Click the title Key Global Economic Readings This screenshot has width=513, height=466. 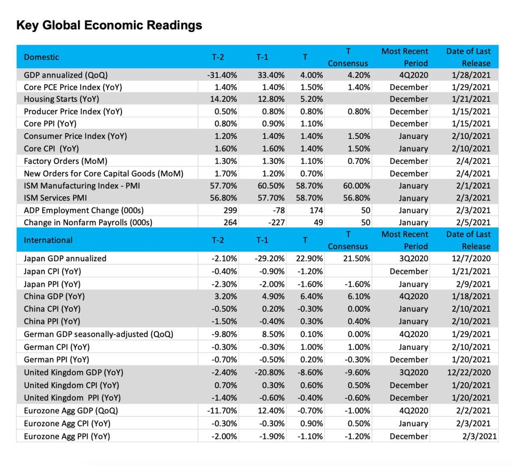point(109,25)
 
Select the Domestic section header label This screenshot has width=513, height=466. point(41,57)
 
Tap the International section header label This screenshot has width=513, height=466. point(48,240)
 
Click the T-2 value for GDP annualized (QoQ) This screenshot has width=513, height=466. point(222,75)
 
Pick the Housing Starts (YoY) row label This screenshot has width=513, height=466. point(61,99)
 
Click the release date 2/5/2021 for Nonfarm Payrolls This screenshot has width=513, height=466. point(473,223)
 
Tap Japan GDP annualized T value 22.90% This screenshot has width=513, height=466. point(309,259)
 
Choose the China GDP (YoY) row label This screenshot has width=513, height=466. point(54,296)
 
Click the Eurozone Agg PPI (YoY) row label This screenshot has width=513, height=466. point(67,437)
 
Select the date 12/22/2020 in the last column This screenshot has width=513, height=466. point(469,372)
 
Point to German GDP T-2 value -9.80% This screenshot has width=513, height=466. point(224,334)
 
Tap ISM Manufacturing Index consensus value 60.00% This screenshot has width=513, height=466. point(357,186)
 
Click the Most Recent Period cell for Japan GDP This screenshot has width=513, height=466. point(413,259)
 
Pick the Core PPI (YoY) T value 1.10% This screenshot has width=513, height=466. point(311,124)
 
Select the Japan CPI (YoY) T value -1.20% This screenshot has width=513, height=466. point(310,271)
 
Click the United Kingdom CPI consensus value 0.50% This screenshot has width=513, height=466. point(359,385)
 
